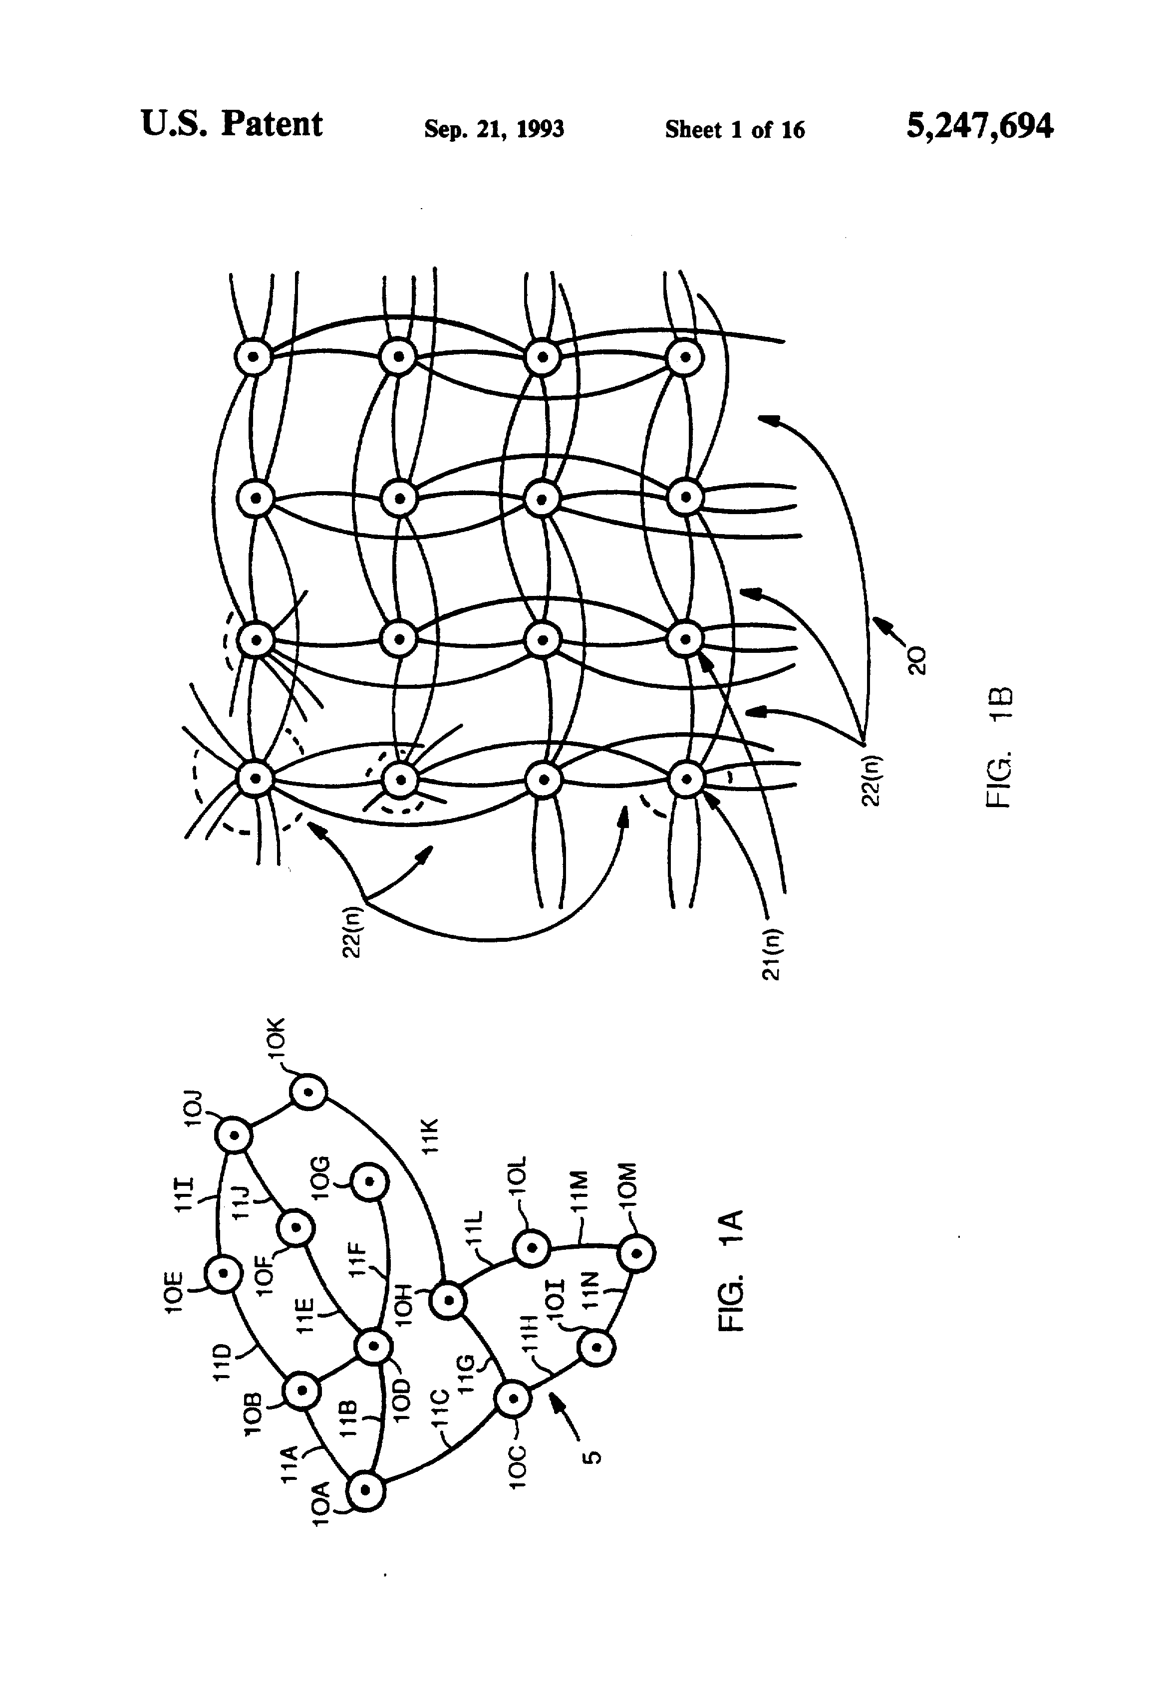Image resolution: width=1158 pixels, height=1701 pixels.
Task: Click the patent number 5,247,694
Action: point(979,126)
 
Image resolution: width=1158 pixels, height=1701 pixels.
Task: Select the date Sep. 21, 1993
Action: point(494,130)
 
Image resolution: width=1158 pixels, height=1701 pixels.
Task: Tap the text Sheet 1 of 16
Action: point(734,130)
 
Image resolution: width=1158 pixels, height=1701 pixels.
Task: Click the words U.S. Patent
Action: point(231,124)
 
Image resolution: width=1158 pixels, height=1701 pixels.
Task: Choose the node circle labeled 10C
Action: point(513,1399)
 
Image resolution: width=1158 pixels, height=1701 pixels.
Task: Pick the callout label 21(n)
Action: point(772,956)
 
